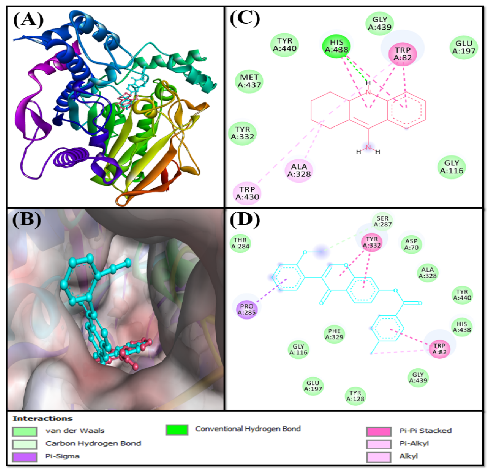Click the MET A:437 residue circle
coord(249,81)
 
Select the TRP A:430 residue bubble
coord(247,193)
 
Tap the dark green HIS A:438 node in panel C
coord(336,46)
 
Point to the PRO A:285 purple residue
coord(247,309)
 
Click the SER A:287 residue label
coord(383,221)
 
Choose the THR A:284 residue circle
coord(240,243)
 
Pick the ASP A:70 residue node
coord(411,244)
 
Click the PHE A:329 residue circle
coord(334,334)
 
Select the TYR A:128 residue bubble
coord(355,396)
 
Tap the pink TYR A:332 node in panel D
coord(372,242)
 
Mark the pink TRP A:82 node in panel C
coord(403,54)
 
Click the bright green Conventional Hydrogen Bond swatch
coord(177,430)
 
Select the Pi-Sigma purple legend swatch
coord(24,457)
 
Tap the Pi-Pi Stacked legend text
coord(425,430)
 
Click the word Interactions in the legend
coord(43,418)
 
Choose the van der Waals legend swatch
coord(24,431)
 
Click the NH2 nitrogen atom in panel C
coord(368,147)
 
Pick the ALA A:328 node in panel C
coord(299,170)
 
